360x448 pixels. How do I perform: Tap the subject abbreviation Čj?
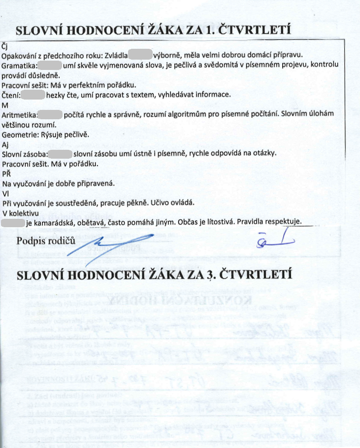[6, 46]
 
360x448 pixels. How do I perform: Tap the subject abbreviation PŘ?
[6, 173]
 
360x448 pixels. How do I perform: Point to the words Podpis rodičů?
[45, 241]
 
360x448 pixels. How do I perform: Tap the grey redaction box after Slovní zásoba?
[58, 153]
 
